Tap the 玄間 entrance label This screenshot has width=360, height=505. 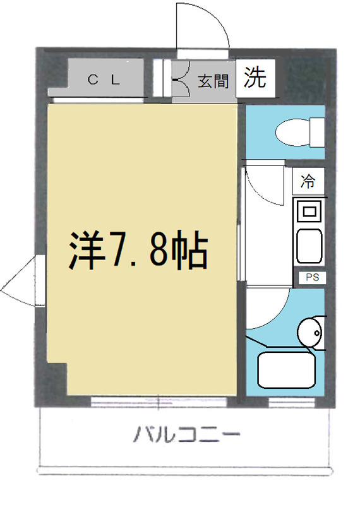coord(212,81)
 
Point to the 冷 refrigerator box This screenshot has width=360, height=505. coord(309,182)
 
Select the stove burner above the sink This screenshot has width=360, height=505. coord(309,210)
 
